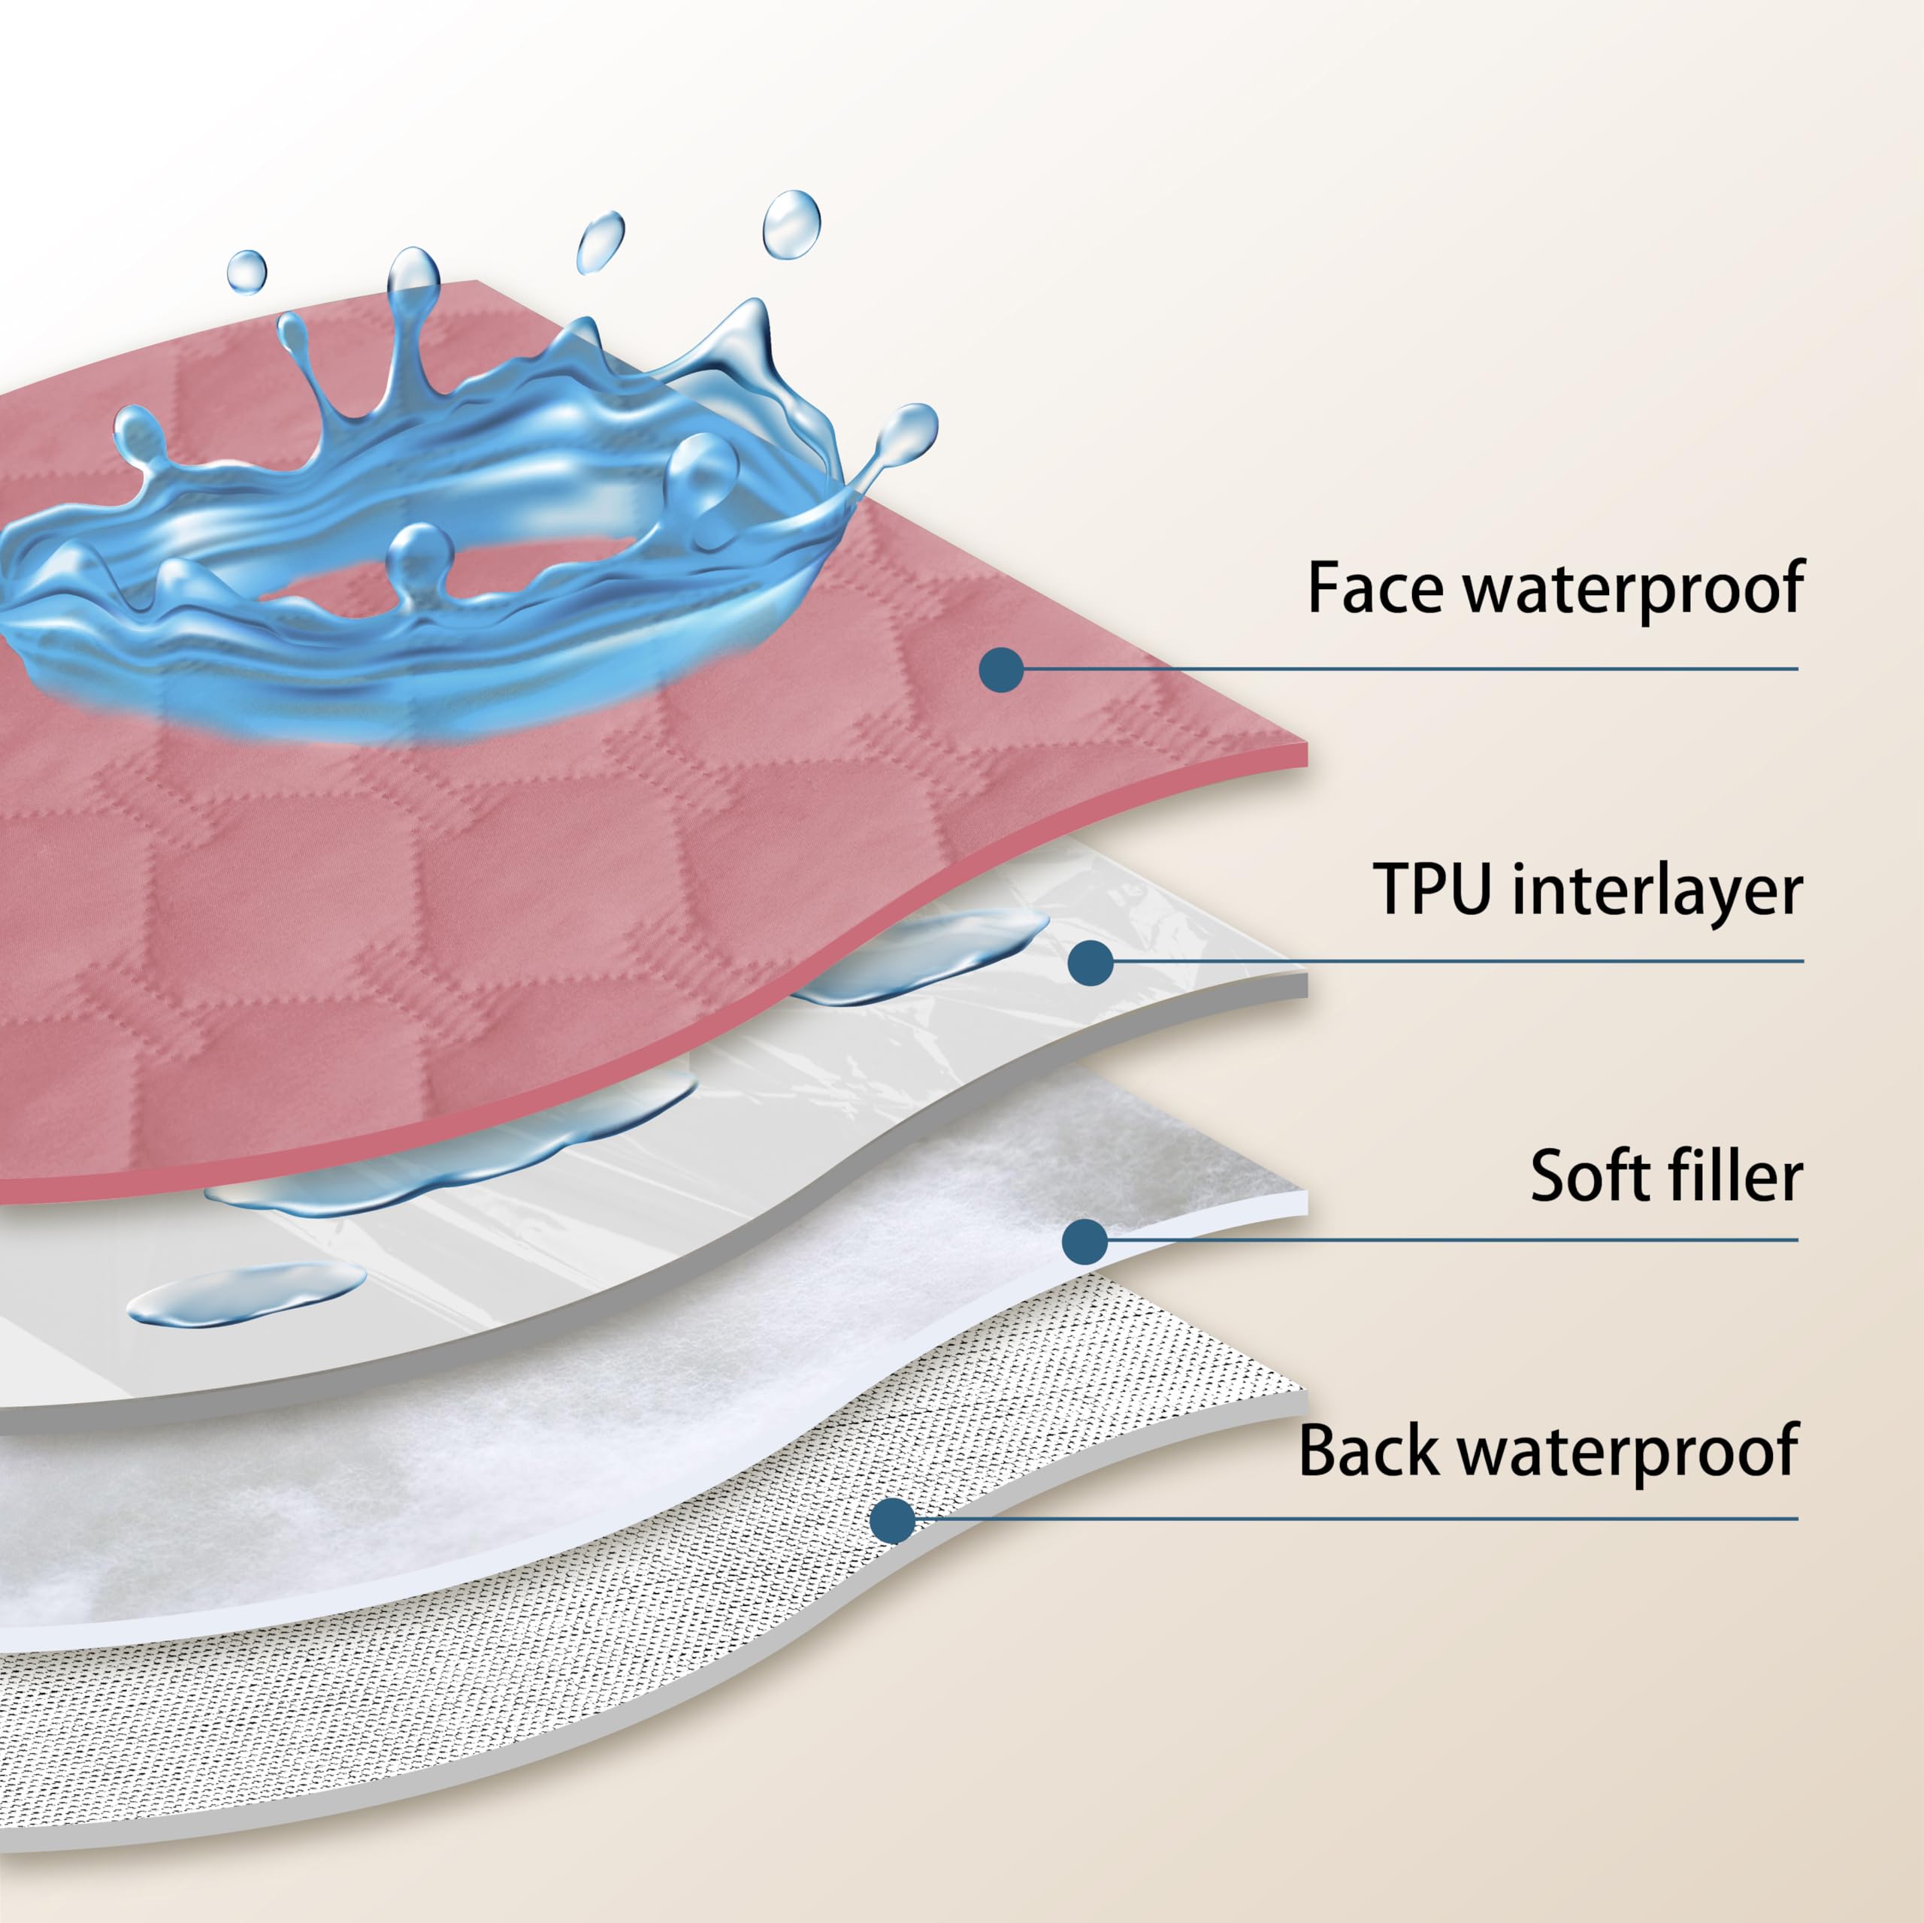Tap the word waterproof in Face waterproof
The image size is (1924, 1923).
1633,590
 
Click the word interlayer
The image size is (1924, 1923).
1657,888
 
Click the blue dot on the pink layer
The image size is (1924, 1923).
1002,670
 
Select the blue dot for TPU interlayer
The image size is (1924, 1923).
1091,963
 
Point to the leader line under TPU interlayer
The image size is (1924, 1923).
1457,961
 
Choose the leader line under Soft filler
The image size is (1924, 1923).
1452,1240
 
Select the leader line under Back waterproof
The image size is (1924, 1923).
1355,1519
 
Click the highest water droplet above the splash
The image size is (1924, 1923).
791,225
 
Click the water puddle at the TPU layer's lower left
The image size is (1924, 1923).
247,1293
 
